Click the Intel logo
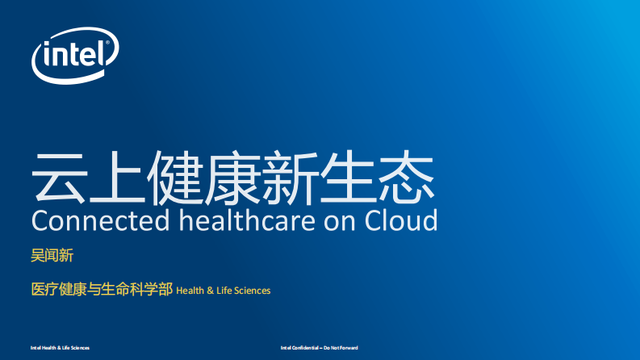coord(75,55)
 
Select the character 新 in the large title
coord(291,176)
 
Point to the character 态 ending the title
coord(407,176)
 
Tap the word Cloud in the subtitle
coord(402,220)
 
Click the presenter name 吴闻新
coord(52,257)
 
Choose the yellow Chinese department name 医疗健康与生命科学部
coord(101,289)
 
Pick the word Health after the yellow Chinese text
coord(190,291)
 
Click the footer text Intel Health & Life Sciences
coord(60,348)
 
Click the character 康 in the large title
coord(233,176)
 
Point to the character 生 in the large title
coord(349,176)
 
